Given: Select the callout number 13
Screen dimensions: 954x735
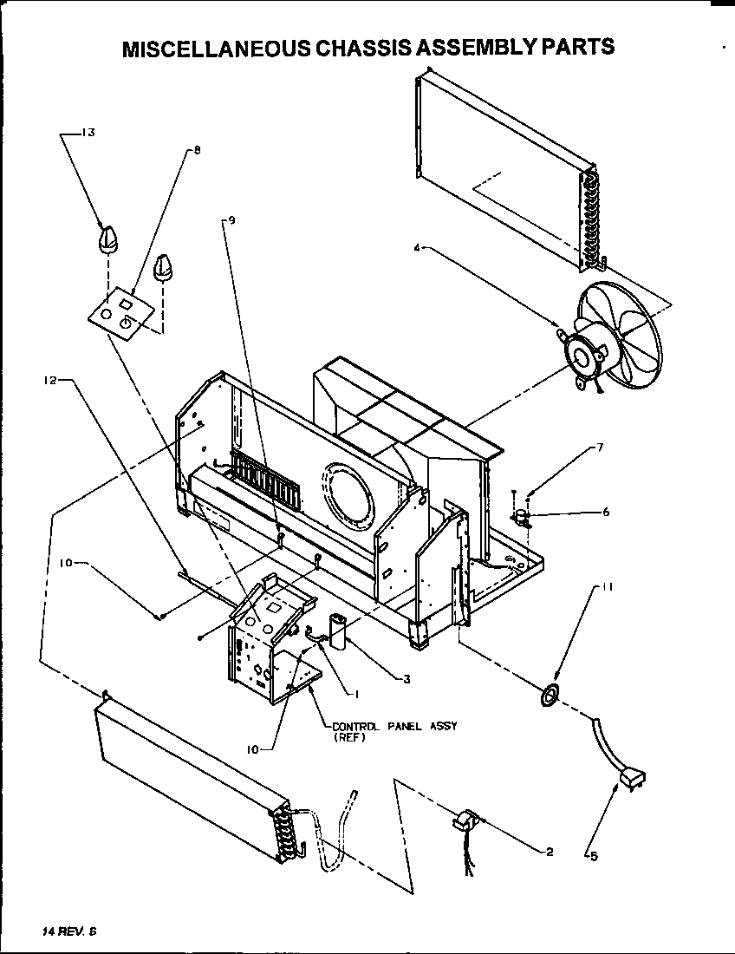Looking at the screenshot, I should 88,133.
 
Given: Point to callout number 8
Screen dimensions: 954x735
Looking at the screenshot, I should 197,150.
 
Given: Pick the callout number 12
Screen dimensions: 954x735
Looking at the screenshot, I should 51,380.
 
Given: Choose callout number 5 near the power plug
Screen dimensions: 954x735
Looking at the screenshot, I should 594,857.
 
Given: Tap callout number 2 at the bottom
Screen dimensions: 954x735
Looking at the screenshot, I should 550,852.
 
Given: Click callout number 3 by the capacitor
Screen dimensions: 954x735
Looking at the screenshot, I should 406,678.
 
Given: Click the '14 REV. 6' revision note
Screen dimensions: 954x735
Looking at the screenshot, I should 70,931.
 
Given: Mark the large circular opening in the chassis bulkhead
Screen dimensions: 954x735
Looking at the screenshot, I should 348,493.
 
